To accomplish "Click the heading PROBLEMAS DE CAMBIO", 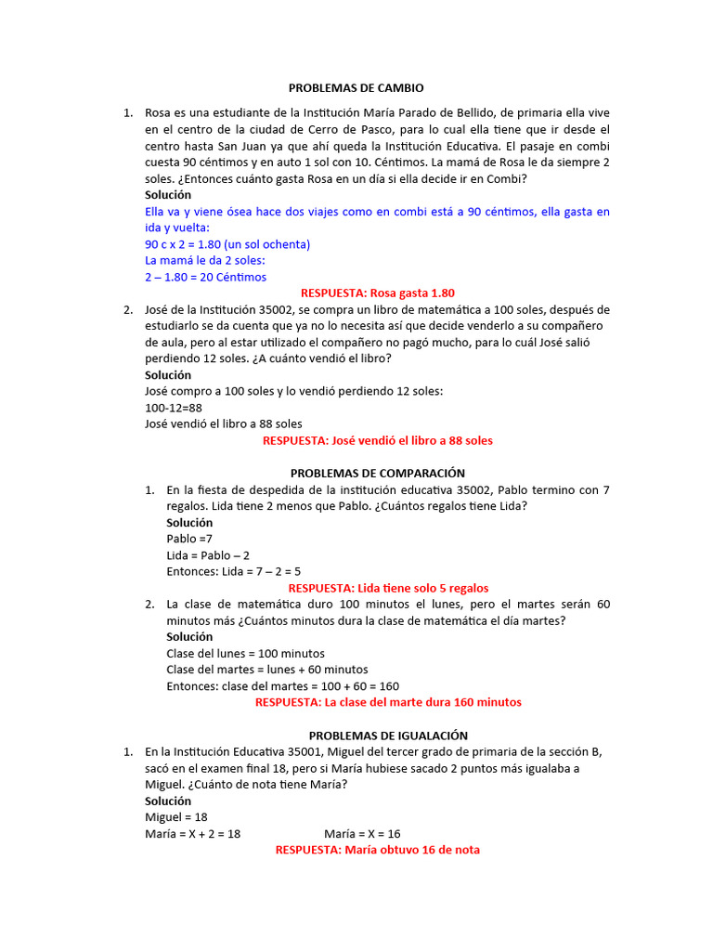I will click(356, 88).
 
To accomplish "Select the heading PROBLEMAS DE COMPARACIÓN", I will click(378, 473).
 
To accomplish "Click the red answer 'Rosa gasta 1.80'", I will click(378, 293).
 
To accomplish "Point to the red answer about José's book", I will click(378, 440).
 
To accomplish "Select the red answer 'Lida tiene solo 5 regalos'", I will click(388, 588).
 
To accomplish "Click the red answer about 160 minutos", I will click(388, 702).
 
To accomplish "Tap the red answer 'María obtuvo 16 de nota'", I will click(378, 850).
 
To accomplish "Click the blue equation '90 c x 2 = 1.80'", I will click(227, 244).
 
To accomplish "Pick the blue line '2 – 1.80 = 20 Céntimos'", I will click(205, 277).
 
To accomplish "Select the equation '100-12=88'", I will click(174, 408).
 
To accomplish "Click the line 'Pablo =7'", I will click(189, 539).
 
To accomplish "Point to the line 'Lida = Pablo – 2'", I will click(208, 555).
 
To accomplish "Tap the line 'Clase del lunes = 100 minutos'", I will click(245, 653).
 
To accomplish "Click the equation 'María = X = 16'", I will click(362, 834).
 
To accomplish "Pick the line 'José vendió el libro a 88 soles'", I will click(224, 423).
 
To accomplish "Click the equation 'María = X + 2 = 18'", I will click(192, 834).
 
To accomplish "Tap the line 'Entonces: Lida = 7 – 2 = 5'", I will click(233, 571).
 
